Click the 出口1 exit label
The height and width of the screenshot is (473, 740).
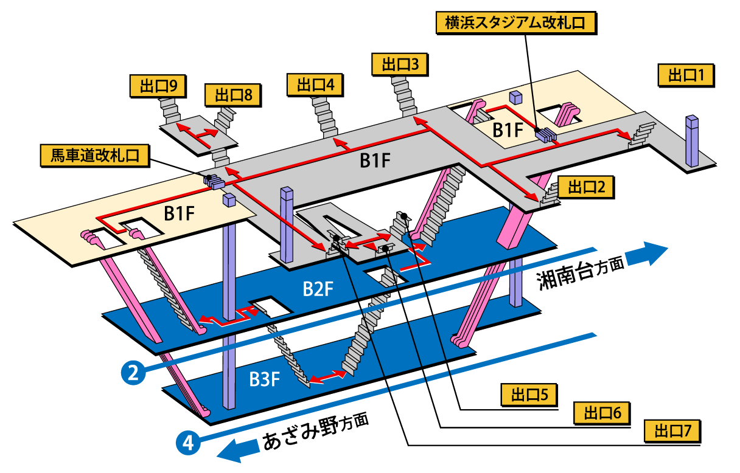[686, 76]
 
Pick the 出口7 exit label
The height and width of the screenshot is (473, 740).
[672, 432]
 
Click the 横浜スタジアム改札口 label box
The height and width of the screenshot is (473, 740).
[515, 24]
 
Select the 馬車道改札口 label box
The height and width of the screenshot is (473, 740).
[95, 156]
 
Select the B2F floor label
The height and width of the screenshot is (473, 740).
[318, 289]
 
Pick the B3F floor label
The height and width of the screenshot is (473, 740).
[265, 379]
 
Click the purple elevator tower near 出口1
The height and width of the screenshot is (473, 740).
[692, 141]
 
